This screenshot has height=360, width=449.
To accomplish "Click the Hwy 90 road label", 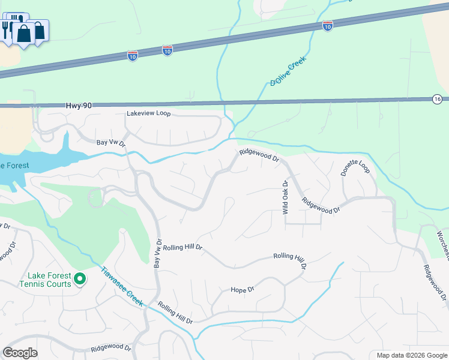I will (x=79, y=106).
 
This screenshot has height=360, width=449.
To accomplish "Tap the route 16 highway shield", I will (x=436, y=98).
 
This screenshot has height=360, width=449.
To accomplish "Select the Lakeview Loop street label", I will (x=148, y=113).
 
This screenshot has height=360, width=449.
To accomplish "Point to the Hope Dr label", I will (x=243, y=289).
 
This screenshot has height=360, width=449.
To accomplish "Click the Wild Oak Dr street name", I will (x=286, y=197).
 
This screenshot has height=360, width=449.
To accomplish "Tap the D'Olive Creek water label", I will (x=288, y=71).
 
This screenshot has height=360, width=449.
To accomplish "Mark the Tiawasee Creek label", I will (x=121, y=287).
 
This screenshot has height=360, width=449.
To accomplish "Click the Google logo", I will (x=20, y=353).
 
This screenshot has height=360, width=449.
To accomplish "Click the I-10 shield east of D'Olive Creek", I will (x=327, y=26).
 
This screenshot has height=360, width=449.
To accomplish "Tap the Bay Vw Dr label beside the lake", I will (x=111, y=143).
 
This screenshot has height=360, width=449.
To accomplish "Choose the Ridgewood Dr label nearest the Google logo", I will (x=111, y=347).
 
